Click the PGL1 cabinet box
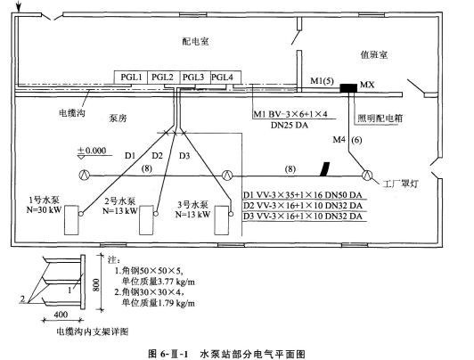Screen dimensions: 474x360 click(x=131, y=78)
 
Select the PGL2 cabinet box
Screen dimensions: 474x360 click(x=164, y=78)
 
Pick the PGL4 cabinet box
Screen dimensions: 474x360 click(x=225, y=78)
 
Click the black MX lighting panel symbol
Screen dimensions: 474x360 click(x=348, y=88)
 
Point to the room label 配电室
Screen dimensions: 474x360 click(x=195, y=41)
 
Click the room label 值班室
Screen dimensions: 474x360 click(x=374, y=54)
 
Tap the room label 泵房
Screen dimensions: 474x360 click(x=118, y=119)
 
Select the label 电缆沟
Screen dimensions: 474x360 click(x=72, y=113)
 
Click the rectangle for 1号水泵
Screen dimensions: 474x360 click(x=71, y=220)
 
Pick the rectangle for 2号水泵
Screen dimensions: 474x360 click(x=146, y=220)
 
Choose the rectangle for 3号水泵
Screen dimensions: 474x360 click(x=222, y=220)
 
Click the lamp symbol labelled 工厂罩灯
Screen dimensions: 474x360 click(x=368, y=175)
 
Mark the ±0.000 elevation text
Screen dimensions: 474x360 click(x=92, y=151)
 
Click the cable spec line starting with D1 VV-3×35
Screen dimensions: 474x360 click(x=303, y=195)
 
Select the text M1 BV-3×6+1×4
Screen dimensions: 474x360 click(x=290, y=114)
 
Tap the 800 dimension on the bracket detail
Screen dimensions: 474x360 click(x=96, y=284)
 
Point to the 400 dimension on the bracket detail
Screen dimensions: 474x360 click(x=61, y=315)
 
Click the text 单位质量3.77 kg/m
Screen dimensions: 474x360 click(x=159, y=282)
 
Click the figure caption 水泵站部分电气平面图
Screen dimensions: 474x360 click(x=252, y=354)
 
